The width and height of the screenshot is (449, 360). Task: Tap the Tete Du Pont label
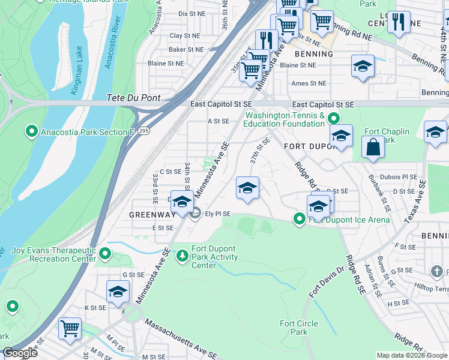(x=131, y=98)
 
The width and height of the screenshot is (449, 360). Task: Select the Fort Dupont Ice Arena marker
(x=300, y=220)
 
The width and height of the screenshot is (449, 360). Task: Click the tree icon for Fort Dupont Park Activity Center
(x=182, y=256)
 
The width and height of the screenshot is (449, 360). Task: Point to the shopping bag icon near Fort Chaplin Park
(x=373, y=147)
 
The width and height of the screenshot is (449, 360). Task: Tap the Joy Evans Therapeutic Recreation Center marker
(x=105, y=254)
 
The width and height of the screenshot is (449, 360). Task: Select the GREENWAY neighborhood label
(x=151, y=214)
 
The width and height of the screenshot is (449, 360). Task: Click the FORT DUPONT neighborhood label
(x=308, y=147)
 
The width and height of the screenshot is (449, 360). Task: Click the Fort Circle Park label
(x=295, y=328)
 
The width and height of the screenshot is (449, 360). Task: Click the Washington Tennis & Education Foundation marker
(x=334, y=119)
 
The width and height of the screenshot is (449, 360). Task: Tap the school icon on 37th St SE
(x=247, y=188)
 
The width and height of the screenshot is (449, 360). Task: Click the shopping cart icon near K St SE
(x=70, y=329)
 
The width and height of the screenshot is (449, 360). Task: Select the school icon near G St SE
(x=118, y=292)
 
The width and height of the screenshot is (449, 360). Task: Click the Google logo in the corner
(x=20, y=353)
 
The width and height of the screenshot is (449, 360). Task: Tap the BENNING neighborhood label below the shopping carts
(x=314, y=54)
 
